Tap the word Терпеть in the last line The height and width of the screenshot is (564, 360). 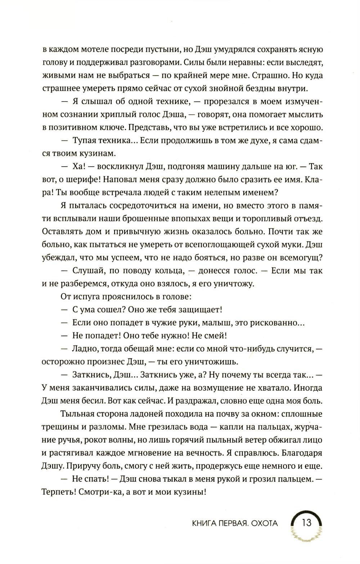58,492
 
